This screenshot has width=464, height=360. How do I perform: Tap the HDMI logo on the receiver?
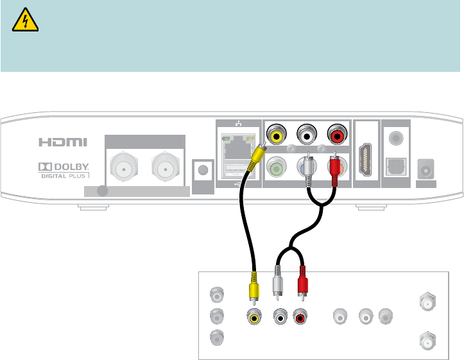coord(62,142)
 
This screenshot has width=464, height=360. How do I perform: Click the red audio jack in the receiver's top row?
coord(337,135)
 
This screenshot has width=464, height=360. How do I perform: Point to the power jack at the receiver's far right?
coord(425,170)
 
